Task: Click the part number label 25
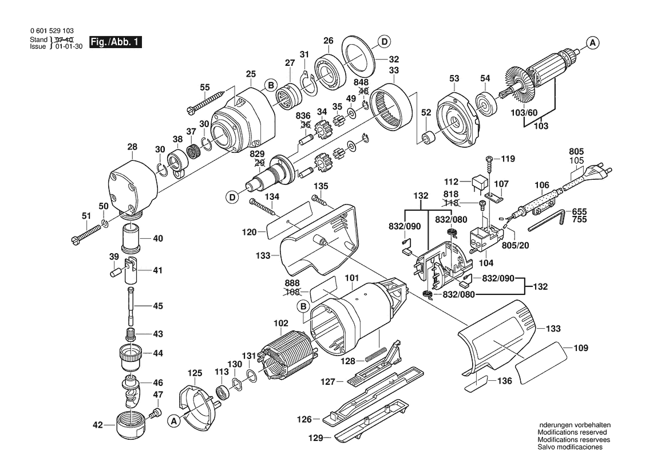click(x=250, y=74)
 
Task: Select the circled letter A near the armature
click(x=593, y=42)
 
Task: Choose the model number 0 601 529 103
click(x=51, y=31)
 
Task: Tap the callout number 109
click(x=581, y=348)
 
